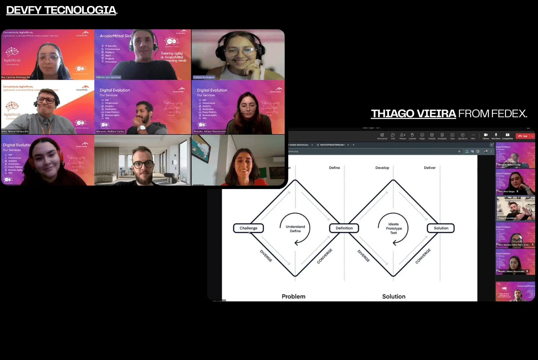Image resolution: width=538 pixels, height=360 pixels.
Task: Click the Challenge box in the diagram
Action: [x=249, y=228]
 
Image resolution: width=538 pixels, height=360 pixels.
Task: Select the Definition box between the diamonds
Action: [x=344, y=228]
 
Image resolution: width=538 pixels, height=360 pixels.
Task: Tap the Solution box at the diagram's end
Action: [x=441, y=228]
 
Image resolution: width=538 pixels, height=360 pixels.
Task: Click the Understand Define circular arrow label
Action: [x=295, y=229]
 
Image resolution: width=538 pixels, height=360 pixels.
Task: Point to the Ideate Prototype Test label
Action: [x=394, y=228]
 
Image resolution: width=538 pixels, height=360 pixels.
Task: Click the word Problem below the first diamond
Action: [x=293, y=296]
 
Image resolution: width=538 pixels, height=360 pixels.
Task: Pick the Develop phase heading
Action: [x=382, y=168]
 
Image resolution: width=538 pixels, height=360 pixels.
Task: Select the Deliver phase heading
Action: [x=429, y=168]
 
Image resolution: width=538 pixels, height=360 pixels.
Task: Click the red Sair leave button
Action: [x=523, y=136]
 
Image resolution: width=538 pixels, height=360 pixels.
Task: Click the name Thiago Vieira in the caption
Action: [x=413, y=114]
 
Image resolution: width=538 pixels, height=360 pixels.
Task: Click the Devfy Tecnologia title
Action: [x=61, y=10]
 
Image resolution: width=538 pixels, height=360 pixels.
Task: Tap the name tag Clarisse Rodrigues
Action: [x=204, y=77]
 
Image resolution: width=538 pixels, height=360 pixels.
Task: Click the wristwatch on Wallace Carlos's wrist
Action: [x=141, y=128]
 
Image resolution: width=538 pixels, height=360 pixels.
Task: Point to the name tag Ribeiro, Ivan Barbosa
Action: [x=108, y=77]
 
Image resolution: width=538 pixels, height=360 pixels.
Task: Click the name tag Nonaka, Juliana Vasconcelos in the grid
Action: [x=210, y=131]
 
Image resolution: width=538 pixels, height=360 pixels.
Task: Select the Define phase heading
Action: [x=334, y=168]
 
